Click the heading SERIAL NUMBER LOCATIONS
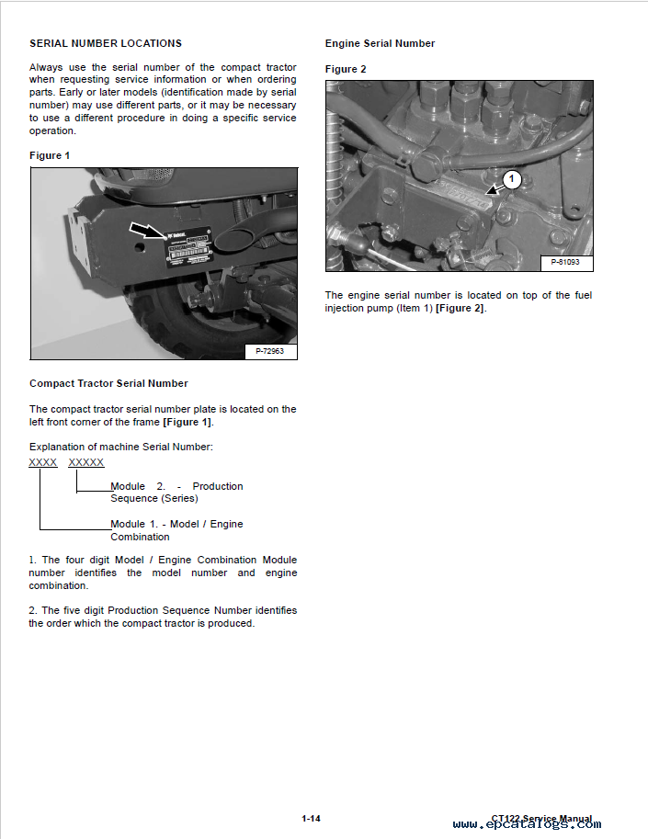(106, 43)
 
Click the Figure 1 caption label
(50, 155)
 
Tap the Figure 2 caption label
(346, 69)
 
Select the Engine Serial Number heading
(380, 43)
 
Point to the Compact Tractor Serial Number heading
(108, 383)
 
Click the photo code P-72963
(269, 351)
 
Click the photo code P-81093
(565, 263)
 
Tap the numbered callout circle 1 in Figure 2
(513, 179)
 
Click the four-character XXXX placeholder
(43, 462)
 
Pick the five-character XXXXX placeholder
(86, 462)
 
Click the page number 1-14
(311, 818)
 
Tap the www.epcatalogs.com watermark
(527, 824)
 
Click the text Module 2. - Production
(176, 486)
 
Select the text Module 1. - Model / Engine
(176, 524)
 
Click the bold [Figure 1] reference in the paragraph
(187, 422)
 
